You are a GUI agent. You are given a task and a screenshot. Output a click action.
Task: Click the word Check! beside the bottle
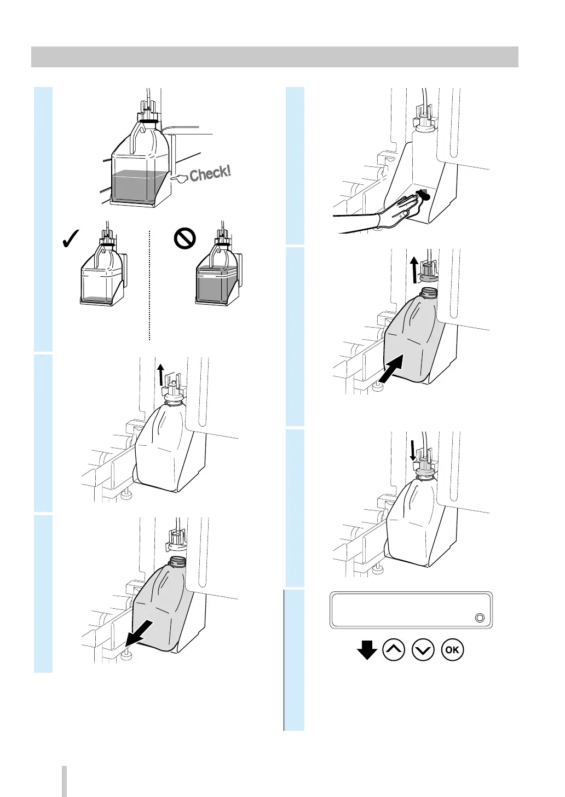click(211, 173)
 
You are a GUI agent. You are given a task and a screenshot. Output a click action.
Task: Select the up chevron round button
click(394, 650)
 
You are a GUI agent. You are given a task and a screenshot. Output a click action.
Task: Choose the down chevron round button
click(424, 650)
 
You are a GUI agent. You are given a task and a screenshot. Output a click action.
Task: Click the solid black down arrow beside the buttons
click(367, 650)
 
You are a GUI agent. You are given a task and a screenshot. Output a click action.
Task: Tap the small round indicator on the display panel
click(480, 618)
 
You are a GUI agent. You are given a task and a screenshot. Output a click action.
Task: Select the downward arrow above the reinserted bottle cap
click(412, 451)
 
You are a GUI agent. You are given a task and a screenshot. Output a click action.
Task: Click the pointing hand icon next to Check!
click(178, 177)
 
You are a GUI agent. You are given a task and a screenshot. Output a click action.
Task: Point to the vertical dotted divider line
click(149, 284)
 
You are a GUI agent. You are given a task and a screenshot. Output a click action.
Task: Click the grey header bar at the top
click(274, 57)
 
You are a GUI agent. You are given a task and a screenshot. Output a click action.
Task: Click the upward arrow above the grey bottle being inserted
click(415, 269)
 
